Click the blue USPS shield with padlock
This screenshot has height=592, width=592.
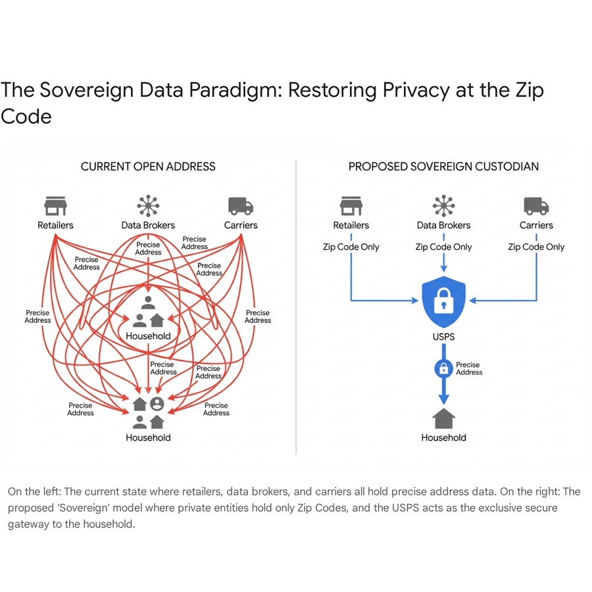click(443, 302)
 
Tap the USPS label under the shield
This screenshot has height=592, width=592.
click(443, 337)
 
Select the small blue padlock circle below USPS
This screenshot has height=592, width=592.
click(443, 368)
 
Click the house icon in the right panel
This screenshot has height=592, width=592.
click(443, 418)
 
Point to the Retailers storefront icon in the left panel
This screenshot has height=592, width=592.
click(55, 206)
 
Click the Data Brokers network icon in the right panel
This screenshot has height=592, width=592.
click(443, 206)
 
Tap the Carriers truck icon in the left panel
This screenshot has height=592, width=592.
click(241, 206)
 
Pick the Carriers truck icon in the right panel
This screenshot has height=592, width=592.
click(536, 206)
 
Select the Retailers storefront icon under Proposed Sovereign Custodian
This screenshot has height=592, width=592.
click(351, 206)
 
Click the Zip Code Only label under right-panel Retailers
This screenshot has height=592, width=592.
click(351, 247)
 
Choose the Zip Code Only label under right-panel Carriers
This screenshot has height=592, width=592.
click(536, 247)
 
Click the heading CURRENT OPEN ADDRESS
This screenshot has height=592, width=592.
click(148, 166)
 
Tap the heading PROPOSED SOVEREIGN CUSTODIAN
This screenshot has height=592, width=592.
click(443, 166)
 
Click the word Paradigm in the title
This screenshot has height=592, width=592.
click(235, 91)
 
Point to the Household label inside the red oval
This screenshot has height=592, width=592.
click(148, 336)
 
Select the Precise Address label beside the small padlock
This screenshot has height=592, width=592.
click(469, 368)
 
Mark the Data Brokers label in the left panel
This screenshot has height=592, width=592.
click(148, 226)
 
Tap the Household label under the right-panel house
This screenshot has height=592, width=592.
click(443, 437)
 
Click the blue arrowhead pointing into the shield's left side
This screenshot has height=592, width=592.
click(414, 301)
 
